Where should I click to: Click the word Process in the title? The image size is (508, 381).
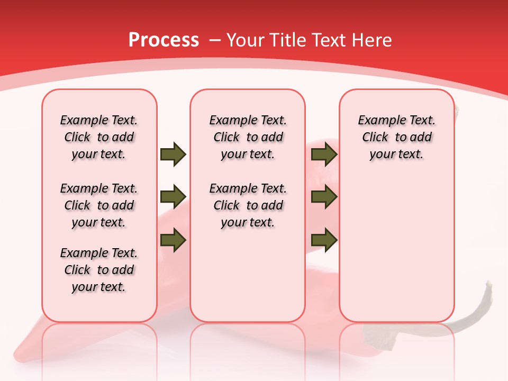click(x=164, y=40)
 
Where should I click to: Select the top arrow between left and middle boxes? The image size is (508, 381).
click(x=173, y=155)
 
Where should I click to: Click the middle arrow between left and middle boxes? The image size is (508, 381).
click(x=173, y=197)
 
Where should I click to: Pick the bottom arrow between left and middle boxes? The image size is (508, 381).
click(x=173, y=240)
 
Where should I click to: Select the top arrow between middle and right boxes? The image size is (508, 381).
click(x=324, y=155)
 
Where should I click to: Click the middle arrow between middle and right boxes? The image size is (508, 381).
click(x=324, y=197)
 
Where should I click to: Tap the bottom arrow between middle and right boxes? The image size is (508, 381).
click(x=324, y=240)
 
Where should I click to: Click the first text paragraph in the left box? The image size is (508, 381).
click(x=99, y=137)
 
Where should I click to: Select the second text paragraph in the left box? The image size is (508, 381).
click(x=99, y=205)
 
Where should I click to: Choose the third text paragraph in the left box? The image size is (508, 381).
click(x=99, y=270)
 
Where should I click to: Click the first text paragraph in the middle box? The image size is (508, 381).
click(x=248, y=137)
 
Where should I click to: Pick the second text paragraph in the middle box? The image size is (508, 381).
click(x=248, y=205)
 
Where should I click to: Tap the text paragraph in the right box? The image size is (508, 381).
click(x=396, y=137)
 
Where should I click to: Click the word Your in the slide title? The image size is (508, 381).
click(x=247, y=40)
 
